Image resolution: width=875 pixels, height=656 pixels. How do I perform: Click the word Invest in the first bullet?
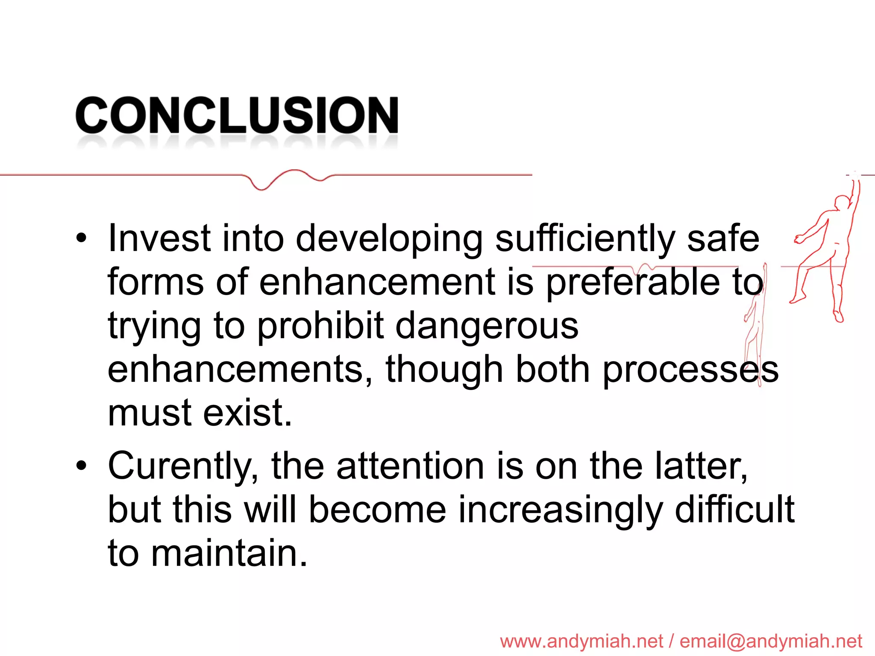(159, 238)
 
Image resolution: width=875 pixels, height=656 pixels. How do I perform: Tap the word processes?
(690, 370)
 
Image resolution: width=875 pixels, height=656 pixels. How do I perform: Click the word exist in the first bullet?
(247, 413)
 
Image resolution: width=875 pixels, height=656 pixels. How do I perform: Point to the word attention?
(410, 466)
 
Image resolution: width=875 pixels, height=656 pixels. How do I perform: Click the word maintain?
(229, 553)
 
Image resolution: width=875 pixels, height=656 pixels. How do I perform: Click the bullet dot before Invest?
(81, 239)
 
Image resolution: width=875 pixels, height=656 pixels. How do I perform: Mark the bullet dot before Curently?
(81, 466)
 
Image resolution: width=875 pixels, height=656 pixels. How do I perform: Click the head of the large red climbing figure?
(843, 202)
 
